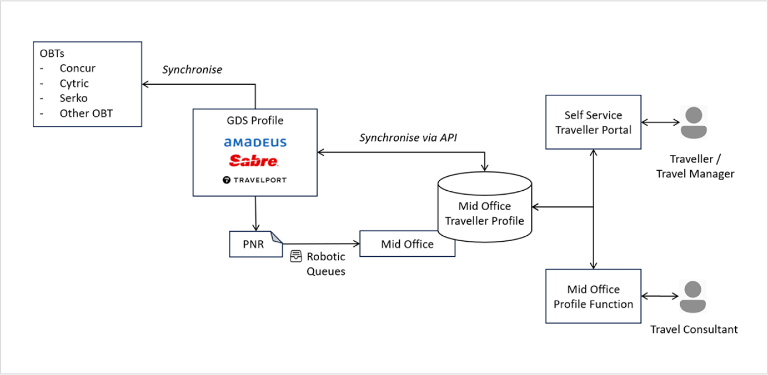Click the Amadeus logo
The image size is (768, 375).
pos(255,142)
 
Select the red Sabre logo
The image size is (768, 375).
pos(253,161)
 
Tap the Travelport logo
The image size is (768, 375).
pos(255,180)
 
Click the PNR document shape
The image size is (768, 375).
pos(256,244)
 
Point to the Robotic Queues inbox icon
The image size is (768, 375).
pos(296,256)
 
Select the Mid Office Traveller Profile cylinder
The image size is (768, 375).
pos(485,207)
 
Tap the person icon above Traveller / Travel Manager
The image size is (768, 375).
pos(694,122)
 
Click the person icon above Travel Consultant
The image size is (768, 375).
pos(693,297)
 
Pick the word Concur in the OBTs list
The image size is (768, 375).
pos(77,68)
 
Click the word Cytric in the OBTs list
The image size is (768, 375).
pos(74,83)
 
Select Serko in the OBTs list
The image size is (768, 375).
pos(73,98)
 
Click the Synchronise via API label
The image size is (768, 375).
pos(408,137)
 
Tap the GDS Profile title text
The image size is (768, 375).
pos(255,121)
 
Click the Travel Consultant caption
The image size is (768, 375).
pos(694,329)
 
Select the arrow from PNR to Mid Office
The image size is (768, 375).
pos(321,243)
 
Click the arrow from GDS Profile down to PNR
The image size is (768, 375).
pos(256,214)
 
